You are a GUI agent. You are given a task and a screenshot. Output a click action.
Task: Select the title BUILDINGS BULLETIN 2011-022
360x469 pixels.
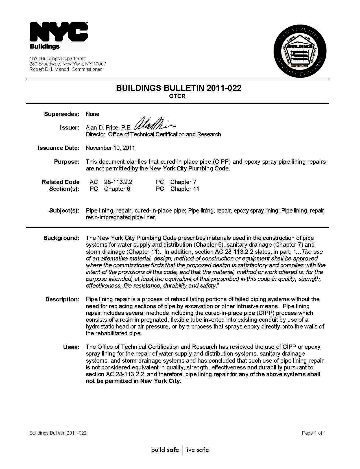178,88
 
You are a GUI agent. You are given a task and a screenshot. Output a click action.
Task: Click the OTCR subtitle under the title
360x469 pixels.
177,96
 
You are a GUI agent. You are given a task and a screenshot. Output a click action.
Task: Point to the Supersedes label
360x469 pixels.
62,114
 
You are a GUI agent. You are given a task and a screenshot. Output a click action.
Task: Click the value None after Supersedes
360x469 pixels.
92,114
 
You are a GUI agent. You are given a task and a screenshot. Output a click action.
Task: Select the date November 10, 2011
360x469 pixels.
110,148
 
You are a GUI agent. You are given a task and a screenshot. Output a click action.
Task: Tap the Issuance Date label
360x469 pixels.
58,148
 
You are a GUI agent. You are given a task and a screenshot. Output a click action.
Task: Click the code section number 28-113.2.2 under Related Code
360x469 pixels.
118,182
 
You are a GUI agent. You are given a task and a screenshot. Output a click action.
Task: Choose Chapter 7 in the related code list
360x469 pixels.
183,182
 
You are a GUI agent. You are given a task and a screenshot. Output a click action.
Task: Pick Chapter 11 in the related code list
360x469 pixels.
185,189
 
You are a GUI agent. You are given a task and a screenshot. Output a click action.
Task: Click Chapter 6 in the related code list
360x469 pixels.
117,189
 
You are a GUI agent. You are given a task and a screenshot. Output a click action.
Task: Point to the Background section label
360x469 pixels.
61,238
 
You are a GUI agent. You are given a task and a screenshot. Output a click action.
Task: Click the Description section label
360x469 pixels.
62,299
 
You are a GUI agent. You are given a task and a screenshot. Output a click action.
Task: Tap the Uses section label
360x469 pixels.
71,347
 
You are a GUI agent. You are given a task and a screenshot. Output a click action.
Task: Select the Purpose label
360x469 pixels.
67,162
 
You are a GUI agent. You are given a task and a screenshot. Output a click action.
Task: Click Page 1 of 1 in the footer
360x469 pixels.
314,433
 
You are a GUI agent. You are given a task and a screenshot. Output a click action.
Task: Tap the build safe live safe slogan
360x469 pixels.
180,450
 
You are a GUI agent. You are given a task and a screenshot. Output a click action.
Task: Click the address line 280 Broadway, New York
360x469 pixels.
68,64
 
